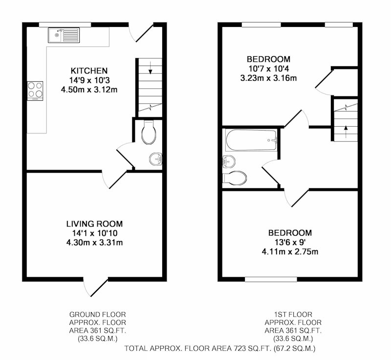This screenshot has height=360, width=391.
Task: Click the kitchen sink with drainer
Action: coord(64,35)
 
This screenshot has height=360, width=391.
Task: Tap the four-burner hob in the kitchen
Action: coord(35,91)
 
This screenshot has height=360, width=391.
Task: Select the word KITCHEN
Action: coord(89,71)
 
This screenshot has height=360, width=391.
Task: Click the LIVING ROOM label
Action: coord(94,224)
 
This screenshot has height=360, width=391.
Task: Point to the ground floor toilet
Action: coord(149,132)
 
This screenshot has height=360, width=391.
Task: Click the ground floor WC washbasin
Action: coord(156,158)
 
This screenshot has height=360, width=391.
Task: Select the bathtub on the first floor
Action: coord(251,140)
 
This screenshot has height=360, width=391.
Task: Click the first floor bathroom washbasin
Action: coord(229,161)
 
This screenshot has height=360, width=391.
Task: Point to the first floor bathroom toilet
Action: coord(235,178)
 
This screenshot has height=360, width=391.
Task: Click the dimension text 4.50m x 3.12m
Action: coord(89,90)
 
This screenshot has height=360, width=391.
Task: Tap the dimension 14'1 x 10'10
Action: coord(94,233)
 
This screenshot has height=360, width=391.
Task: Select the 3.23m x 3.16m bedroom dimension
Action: coord(268,78)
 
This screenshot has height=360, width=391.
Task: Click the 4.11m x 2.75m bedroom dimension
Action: coord(290,252)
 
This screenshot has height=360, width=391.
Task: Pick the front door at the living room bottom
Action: coord(96,287)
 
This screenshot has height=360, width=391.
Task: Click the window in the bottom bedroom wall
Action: coord(271,279)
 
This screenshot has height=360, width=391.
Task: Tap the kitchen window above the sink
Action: coord(65,24)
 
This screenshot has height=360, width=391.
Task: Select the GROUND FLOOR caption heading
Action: coord(97,315)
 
